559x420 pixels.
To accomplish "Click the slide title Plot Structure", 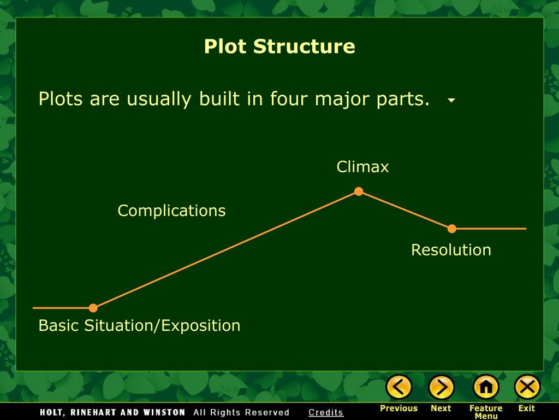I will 279,46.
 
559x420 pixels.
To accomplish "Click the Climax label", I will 362,167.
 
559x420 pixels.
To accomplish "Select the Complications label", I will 171,211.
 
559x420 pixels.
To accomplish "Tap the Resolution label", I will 451,250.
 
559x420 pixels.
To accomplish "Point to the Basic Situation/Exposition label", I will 139,326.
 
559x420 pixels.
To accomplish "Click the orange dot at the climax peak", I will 359,191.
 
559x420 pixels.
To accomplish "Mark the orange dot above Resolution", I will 452,229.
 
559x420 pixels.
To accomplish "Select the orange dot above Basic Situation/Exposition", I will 93,308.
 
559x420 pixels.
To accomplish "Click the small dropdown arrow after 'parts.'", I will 451,101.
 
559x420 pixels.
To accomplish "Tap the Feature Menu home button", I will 485,388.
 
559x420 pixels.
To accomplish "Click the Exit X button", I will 527,388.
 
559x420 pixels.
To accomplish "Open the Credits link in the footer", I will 326,412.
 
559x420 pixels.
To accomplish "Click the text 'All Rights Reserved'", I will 241,412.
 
